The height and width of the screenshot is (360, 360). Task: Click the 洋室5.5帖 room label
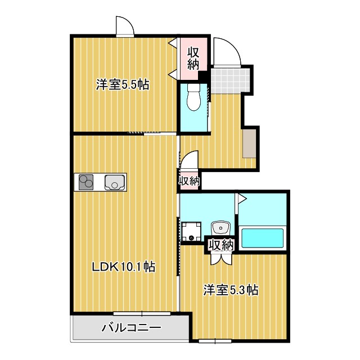click(122, 85)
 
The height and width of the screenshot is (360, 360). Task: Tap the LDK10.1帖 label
click(124, 267)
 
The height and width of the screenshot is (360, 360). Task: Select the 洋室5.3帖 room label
click(231, 290)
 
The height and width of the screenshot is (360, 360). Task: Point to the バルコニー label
click(131, 328)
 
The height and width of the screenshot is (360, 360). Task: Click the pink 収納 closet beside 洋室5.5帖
click(193, 57)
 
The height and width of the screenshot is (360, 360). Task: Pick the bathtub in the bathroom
click(263, 237)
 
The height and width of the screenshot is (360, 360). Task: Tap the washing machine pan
click(191, 231)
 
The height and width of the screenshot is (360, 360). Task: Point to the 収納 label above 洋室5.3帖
click(220, 245)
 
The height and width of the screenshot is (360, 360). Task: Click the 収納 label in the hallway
click(190, 181)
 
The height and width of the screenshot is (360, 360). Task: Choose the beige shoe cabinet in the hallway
click(250, 143)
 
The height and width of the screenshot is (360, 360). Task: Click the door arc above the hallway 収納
click(190, 160)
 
